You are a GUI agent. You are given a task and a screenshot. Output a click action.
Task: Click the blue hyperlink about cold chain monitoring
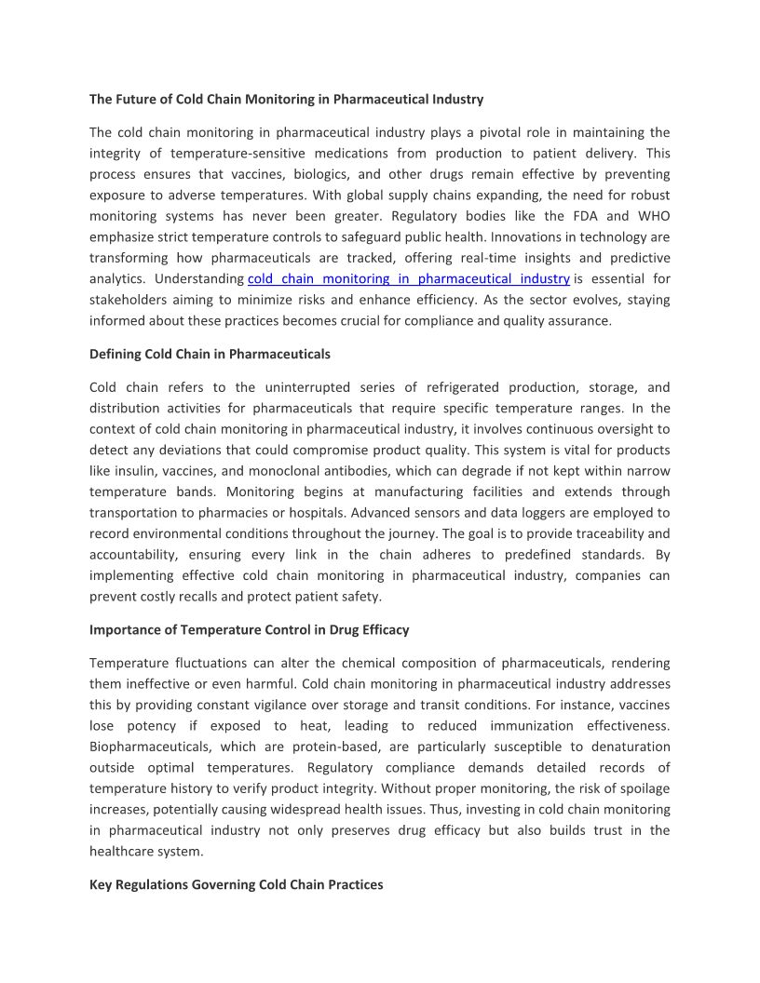[x=408, y=278]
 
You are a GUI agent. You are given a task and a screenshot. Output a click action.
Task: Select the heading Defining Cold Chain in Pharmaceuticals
[x=210, y=354]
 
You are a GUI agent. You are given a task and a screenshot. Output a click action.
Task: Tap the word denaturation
[x=628, y=747]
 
